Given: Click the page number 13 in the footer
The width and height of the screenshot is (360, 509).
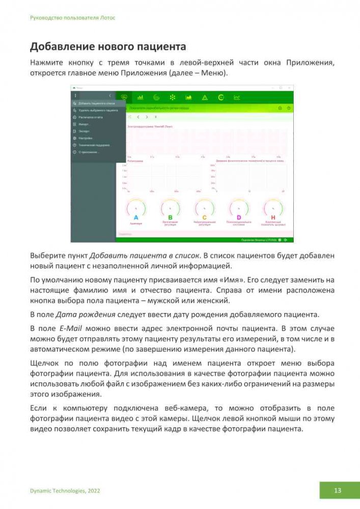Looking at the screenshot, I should [338, 491].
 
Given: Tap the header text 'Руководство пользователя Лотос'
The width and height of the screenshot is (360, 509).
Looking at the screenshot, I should [73, 17].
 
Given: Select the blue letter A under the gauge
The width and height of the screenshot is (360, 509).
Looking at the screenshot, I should [136, 217].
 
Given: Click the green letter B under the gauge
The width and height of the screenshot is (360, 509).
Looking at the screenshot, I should [170, 217].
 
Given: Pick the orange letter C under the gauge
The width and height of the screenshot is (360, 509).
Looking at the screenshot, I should [204, 217].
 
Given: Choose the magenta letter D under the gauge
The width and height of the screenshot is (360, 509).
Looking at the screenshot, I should [238, 217].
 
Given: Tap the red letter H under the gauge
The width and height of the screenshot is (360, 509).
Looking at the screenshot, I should [272, 217].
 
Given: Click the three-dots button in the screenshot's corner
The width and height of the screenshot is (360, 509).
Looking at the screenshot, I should [75, 95].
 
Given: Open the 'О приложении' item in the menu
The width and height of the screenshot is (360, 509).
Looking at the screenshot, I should [88, 152].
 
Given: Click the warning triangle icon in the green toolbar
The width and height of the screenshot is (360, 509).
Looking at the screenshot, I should [204, 97].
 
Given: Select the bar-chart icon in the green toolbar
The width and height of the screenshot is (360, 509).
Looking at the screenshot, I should [140, 97].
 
